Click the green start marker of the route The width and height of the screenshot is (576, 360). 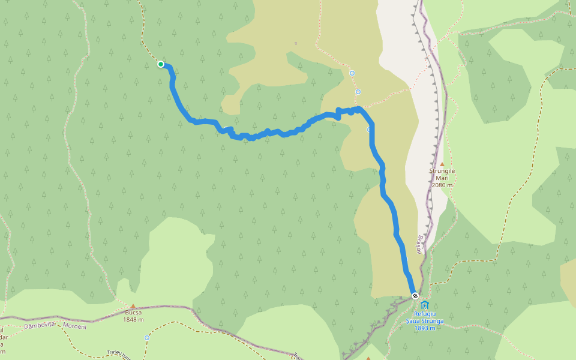(x=161, y=64)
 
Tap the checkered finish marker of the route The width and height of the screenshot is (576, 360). (x=415, y=296)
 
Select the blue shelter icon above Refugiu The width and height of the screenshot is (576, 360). (x=425, y=305)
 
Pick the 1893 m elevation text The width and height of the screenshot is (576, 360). (x=425, y=328)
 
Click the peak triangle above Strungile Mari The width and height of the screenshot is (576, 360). (x=442, y=164)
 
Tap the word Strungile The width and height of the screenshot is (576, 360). (x=442, y=171)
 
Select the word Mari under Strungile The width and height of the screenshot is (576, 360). (x=442, y=178)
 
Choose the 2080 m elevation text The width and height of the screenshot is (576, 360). (x=442, y=185)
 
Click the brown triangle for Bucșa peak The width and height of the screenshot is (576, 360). (x=133, y=306)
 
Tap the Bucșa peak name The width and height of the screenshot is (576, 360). (x=133, y=313)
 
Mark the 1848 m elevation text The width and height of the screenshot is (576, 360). (x=133, y=320)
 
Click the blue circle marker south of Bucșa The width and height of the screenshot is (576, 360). (x=147, y=338)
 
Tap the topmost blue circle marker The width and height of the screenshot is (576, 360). (x=352, y=73)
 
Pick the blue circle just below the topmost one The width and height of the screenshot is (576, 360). (x=358, y=92)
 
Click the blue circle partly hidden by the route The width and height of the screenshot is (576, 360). (x=369, y=129)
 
